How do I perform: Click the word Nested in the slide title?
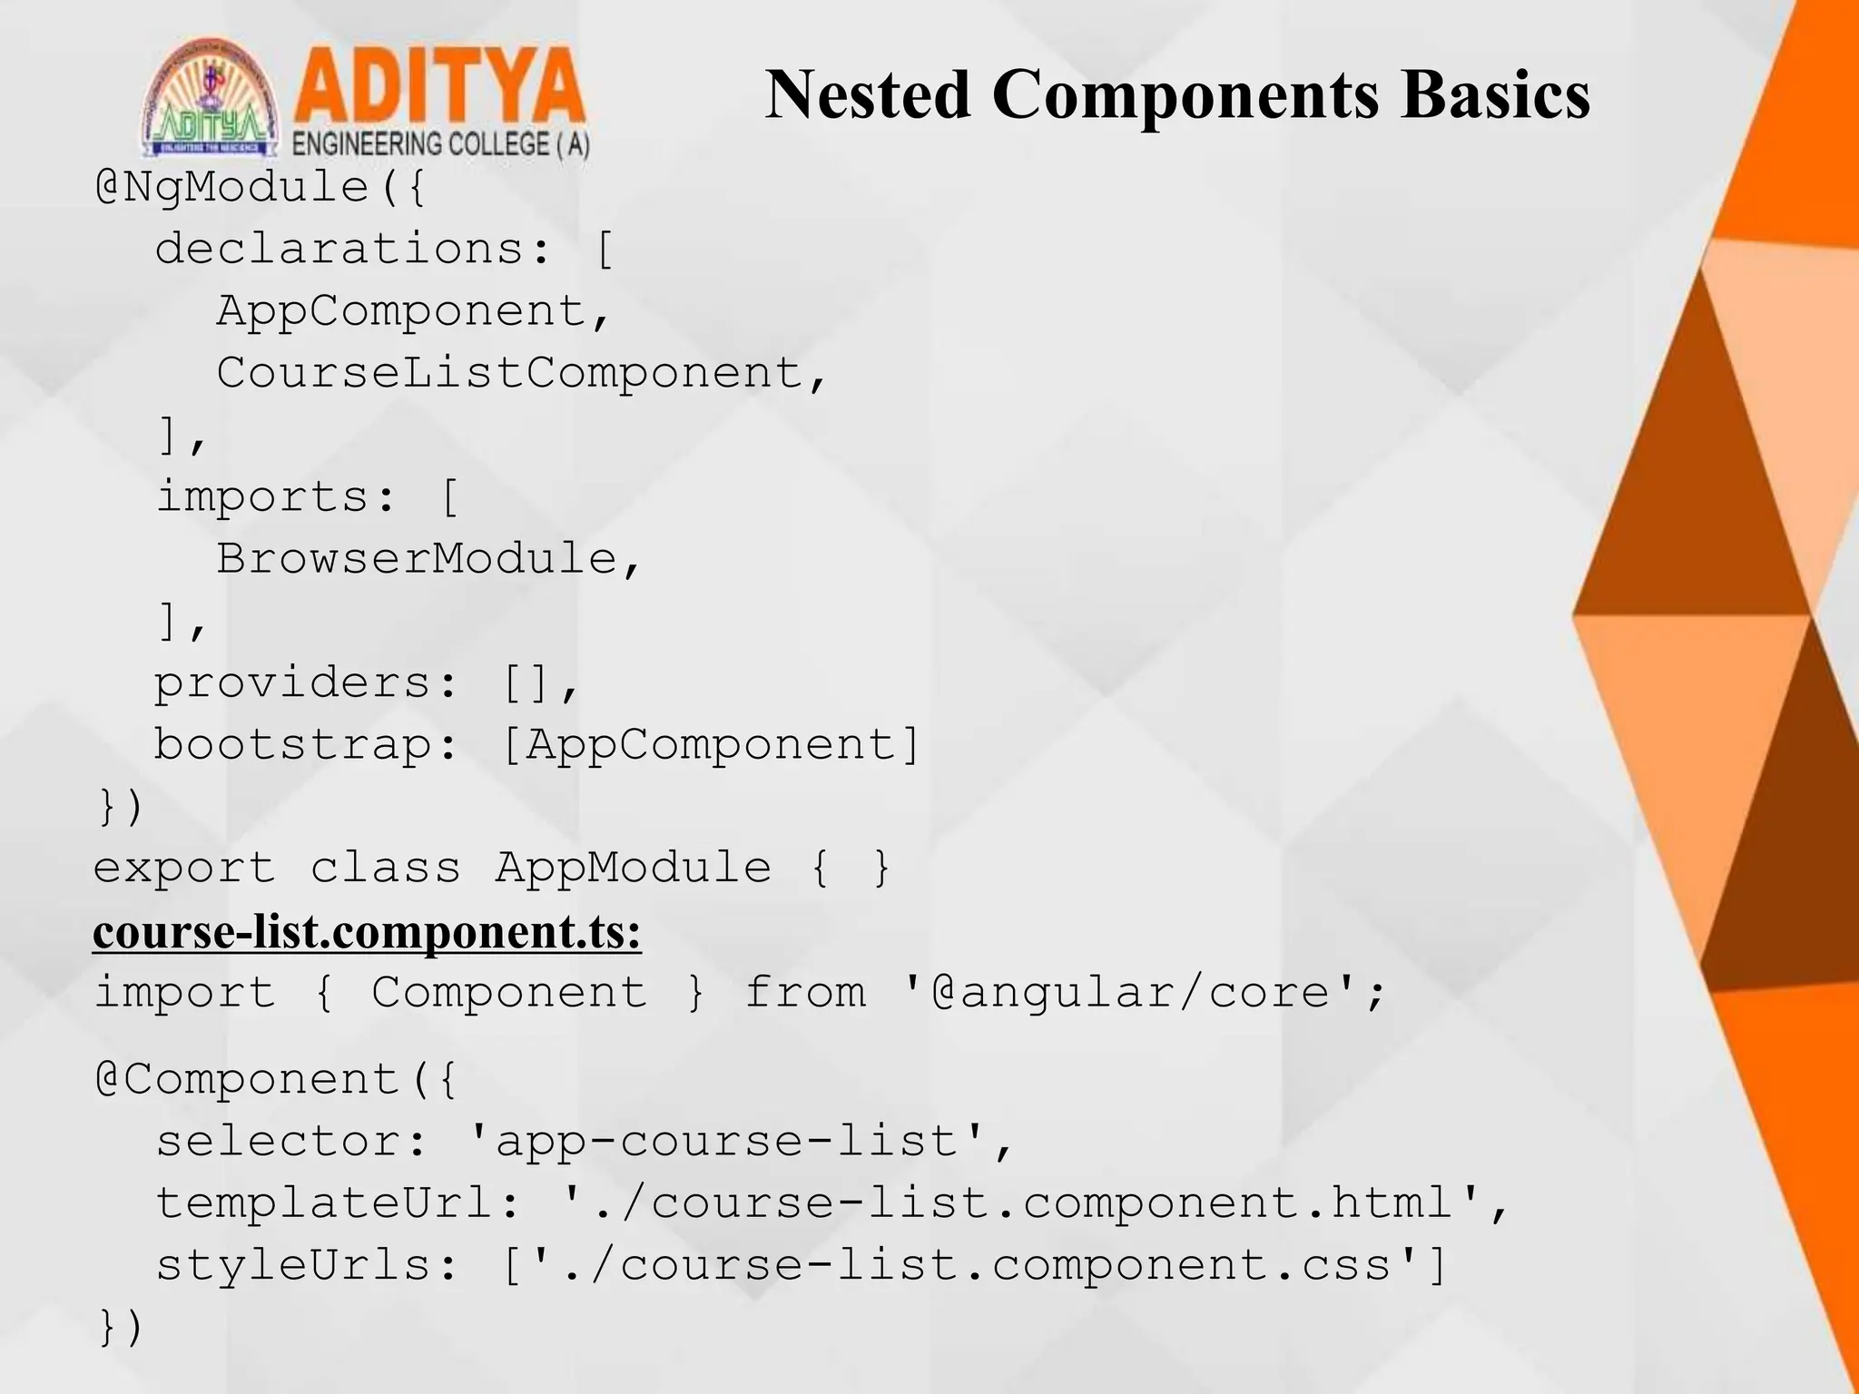click(x=867, y=94)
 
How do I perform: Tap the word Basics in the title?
click(x=1494, y=94)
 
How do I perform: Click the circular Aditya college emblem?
click(x=211, y=100)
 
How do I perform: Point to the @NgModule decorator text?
click(x=245, y=188)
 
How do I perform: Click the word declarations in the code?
click(x=339, y=249)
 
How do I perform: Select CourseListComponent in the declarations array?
click(x=508, y=373)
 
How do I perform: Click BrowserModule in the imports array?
click(x=416, y=559)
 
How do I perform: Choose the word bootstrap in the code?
click(x=292, y=745)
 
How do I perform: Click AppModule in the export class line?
click(x=633, y=869)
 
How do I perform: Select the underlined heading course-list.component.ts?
click(x=367, y=932)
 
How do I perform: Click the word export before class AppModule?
click(x=184, y=869)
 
